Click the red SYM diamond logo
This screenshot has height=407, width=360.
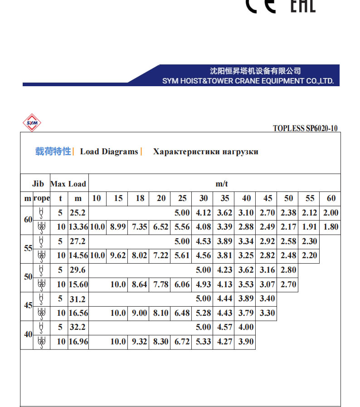point(32,123)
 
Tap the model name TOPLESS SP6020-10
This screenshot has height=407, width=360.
point(305,128)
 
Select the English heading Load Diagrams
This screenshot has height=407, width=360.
point(109,152)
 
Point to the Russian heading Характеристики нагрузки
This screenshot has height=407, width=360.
point(205,152)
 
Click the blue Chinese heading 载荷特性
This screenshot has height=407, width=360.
point(53,152)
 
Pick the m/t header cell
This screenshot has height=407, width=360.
point(221,184)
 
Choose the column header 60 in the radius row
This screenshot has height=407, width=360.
point(331,198)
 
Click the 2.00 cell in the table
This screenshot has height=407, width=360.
point(331,213)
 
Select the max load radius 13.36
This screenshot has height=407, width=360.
point(78,227)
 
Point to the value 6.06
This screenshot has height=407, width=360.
point(182,284)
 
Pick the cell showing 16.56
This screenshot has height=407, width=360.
point(78,313)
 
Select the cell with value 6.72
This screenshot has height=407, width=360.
point(182,342)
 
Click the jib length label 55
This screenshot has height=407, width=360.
point(28,248)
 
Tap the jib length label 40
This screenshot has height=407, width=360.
point(28,334)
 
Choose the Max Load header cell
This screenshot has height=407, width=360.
point(68,184)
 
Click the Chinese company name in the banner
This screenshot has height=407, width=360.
point(255,71)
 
